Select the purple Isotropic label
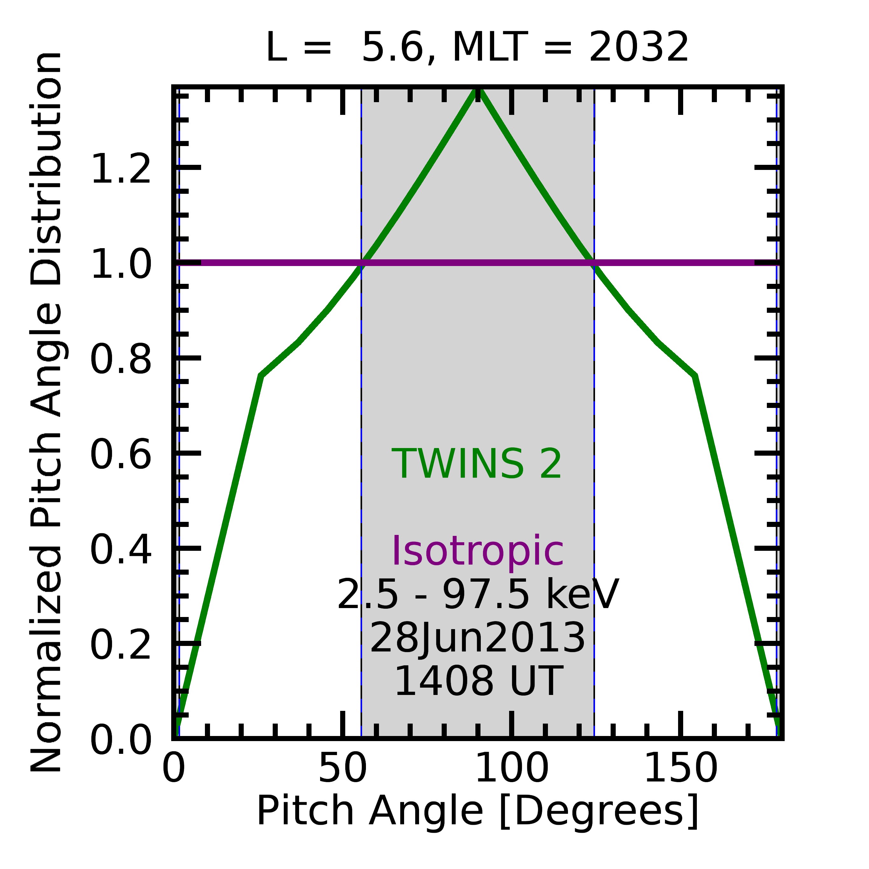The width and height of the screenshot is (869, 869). click(478, 551)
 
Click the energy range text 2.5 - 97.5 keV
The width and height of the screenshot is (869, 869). click(478, 595)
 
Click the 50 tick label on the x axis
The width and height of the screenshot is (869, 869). click(343, 769)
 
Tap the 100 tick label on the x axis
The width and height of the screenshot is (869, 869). click(511, 769)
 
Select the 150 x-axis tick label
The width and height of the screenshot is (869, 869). click(681, 769)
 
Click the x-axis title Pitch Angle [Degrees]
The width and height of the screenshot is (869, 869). click(477, 811)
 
